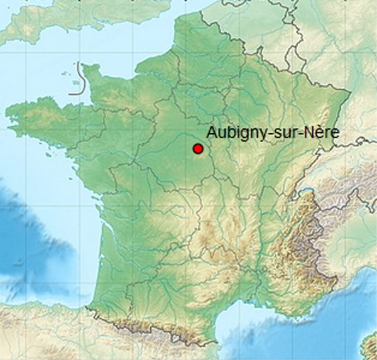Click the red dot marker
198,149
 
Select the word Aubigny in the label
229,133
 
